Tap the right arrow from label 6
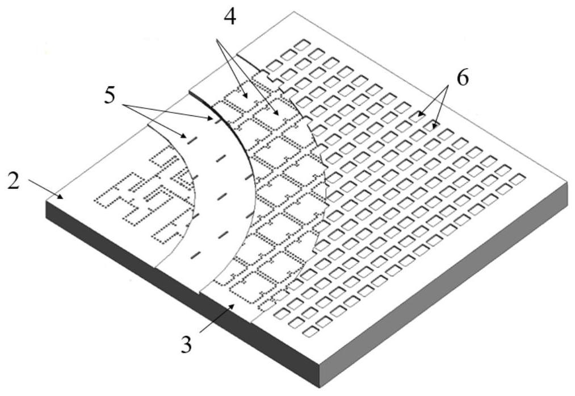[442, 107]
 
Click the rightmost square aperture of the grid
[518, 179]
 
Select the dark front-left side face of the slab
[183, 294]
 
